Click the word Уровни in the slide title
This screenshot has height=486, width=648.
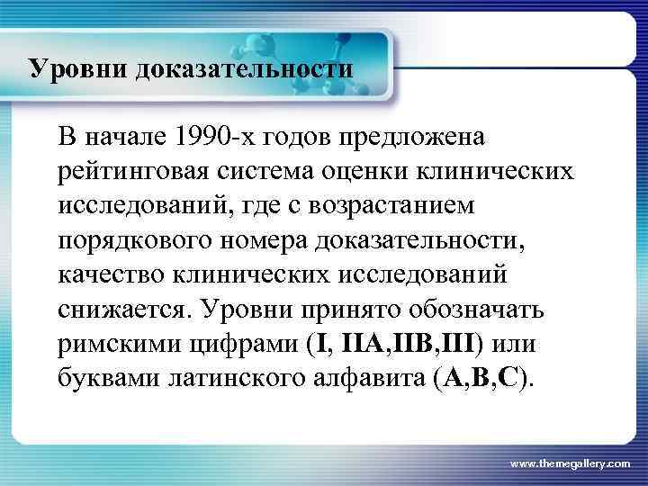(x=79, y=68)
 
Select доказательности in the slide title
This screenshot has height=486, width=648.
(x=244, y=68)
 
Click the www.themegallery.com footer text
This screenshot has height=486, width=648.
(x=571, y=463)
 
